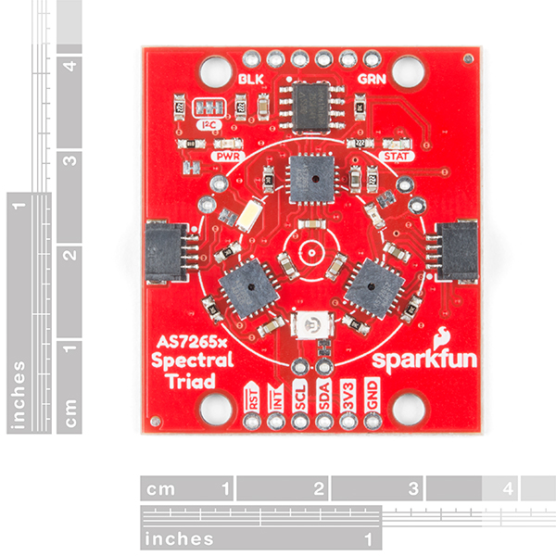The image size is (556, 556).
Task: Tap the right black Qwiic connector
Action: [x=458, y=252]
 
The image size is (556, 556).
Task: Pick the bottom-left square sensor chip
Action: [x=244, y=287]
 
